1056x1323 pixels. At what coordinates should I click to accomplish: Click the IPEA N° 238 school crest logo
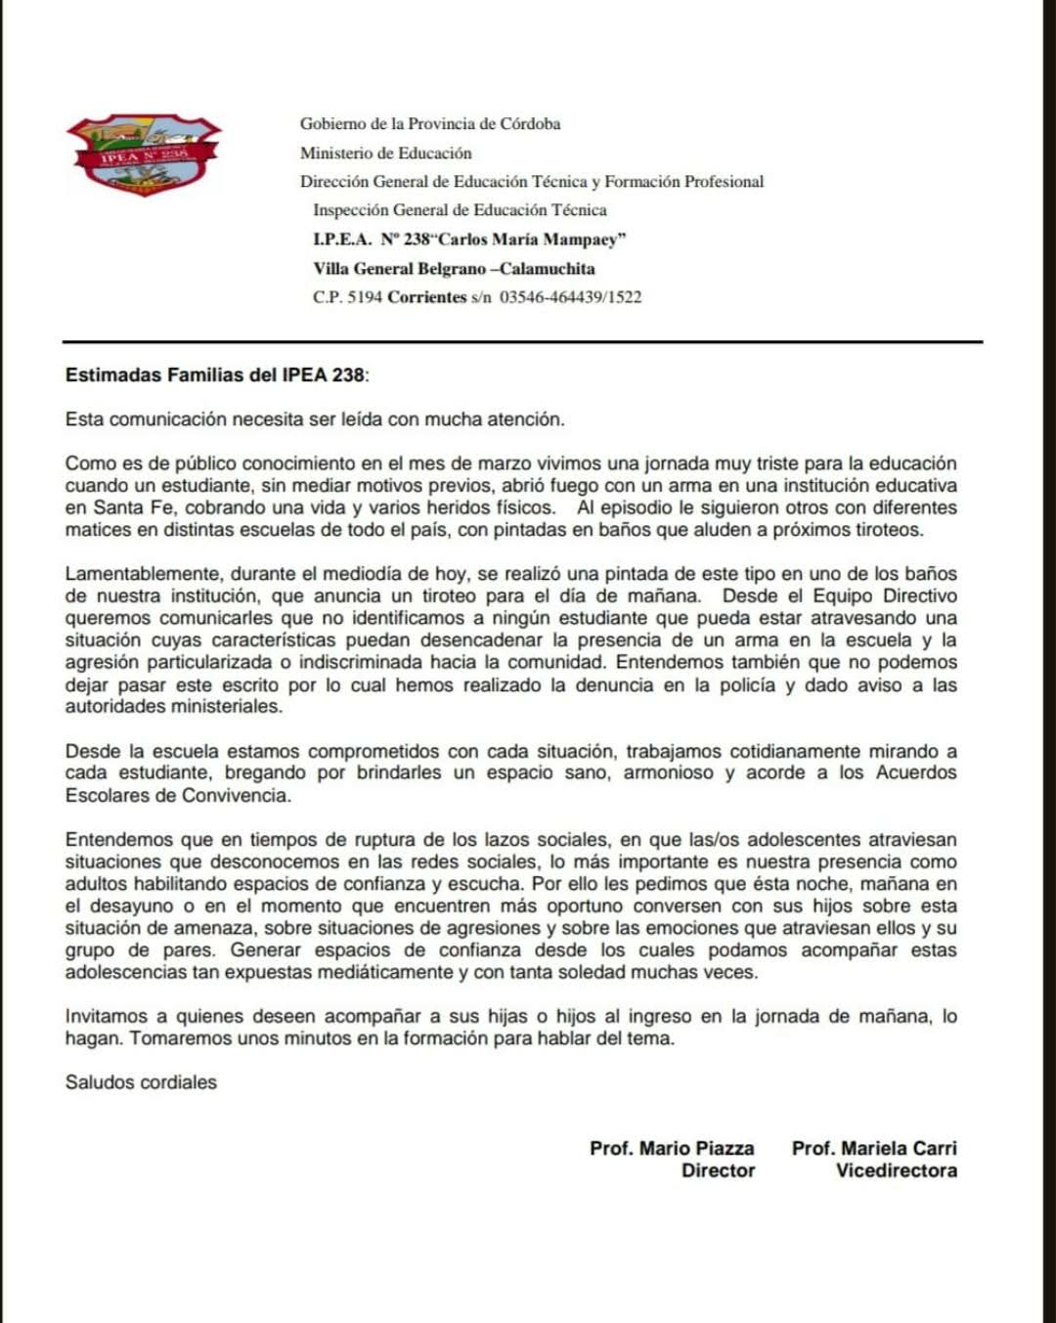tap(144, 154)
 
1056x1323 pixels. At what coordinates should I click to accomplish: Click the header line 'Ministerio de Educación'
tap(385, 153)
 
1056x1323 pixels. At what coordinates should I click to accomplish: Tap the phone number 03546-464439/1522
tap(570, 296)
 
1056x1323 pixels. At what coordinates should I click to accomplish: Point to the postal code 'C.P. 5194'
tap(347, 296)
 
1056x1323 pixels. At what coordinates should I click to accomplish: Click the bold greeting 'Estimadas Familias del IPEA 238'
tap(215, 375)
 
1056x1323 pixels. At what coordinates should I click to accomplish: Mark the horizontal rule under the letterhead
tap(522, 342)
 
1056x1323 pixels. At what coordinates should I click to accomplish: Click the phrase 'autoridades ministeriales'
tap(173, 706)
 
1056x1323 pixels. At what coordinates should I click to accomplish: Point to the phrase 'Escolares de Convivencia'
tap(178, 795)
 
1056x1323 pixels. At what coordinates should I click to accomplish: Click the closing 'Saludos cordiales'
tap(141, 1081)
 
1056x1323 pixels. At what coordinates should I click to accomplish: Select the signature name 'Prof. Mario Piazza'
tap(672, 1148)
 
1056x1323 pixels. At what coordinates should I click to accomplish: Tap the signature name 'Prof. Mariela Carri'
tap(874, 1148)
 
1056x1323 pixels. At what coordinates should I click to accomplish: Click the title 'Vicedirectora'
tap(896, 1170)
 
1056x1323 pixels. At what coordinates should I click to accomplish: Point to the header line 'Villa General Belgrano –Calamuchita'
tap(454, 268)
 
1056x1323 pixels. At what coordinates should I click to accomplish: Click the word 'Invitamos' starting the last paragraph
tap(106, 1016)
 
